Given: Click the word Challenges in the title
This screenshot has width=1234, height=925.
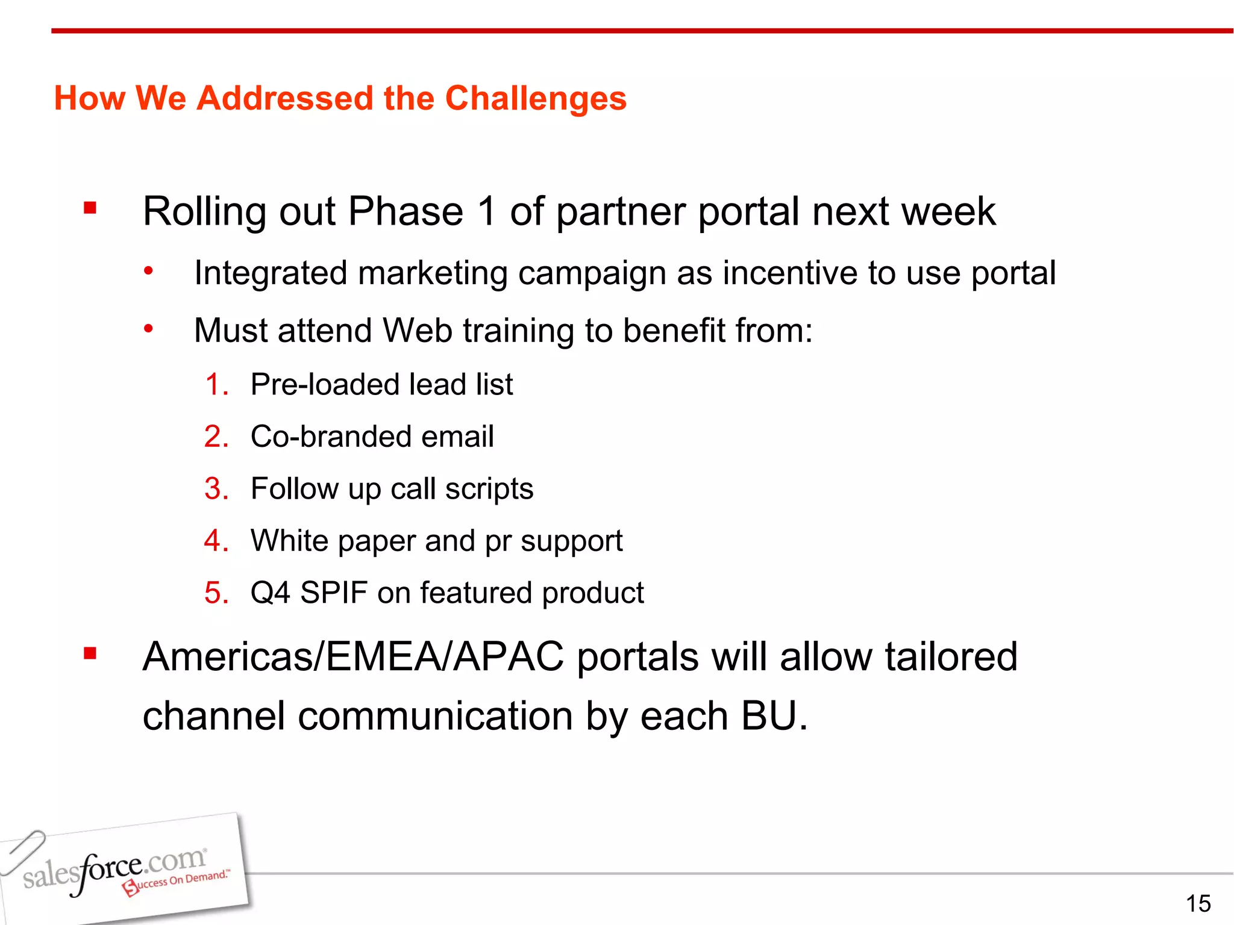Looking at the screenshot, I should coord(536,98).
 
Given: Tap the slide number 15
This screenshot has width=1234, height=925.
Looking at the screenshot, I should coord(1198,903).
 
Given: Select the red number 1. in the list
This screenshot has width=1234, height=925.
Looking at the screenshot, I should coord(216,384).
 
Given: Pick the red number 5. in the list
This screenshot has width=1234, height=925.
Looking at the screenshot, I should coord(216,593).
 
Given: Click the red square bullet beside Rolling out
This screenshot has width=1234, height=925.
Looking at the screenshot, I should coord(90,208).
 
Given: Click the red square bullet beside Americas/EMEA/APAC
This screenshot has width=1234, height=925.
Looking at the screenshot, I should coord(90,653).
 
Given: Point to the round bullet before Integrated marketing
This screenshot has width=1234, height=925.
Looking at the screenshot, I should coord(148,271).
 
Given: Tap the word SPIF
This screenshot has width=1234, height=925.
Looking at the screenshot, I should coord(333,593).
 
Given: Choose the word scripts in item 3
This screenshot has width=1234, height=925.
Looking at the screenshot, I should coord(489,489).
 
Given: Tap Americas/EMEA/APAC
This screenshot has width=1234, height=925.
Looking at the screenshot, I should coord(353,656).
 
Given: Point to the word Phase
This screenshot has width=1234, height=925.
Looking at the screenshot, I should coord(406,211).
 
